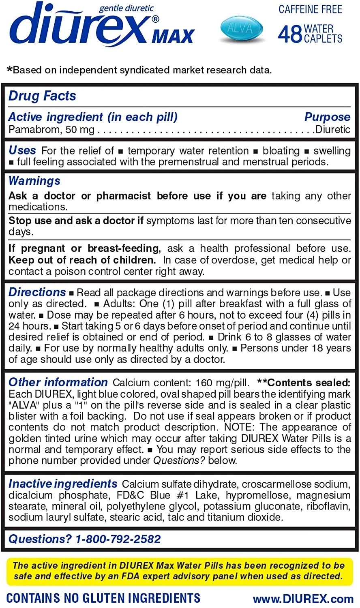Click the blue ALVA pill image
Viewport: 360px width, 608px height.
pyautogui.click(x=242, y=29)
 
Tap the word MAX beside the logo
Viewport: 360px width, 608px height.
pyautogui.click(x=173, y=36)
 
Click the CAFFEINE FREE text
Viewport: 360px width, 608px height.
pyautogui.click(x=310, y=9)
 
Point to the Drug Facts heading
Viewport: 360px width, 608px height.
pyautogui.click(x=42, y=96)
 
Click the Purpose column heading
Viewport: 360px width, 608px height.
pyautogui.click(x=327, y=117)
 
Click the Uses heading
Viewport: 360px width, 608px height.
pyautogui.click(x=22, y=150)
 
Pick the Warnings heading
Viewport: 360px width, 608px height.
pyautogui.click(x=34, y=181)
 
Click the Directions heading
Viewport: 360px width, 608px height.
pyautogui.click(x=37, y=292)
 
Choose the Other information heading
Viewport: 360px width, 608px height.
pyautogui.click(x=58, y=382)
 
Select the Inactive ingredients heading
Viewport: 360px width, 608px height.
pyautogui.click(x=63, y=484)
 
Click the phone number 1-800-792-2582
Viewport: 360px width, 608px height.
pyautogui.click(x=118, y=539)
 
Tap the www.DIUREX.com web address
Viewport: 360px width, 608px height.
pyautogui.click(x=303, y=599)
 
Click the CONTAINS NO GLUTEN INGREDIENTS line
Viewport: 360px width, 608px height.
pyautogui.click(x=103, y=598)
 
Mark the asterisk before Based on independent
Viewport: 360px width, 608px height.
pyautogui.click(x=10, y=70)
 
